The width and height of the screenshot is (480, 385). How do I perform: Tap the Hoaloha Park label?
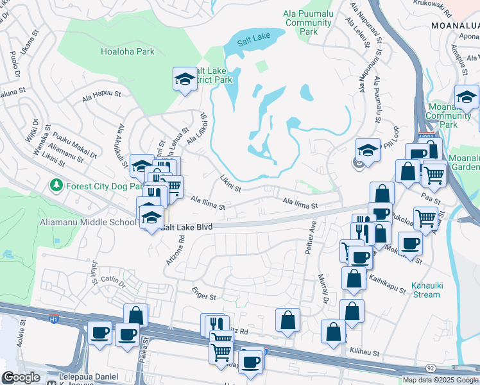128,52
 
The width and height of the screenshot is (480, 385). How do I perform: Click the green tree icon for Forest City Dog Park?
56,186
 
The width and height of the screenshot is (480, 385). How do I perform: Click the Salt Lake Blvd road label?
188,227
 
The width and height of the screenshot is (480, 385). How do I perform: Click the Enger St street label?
204,293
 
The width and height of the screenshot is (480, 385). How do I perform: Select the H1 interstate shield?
55,318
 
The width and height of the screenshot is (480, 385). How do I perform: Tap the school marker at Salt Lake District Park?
185,80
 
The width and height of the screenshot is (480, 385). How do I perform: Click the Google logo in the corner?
21,377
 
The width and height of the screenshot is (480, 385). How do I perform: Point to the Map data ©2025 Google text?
440,380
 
